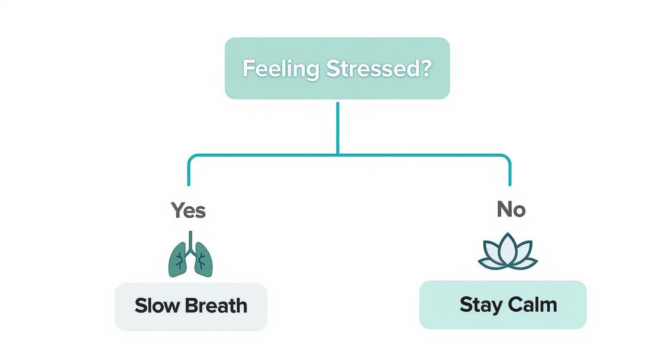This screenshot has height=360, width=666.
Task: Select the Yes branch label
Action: click(189, 210)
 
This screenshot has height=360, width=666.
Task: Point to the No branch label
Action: click(511, 209)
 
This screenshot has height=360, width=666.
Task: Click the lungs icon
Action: click(190, 256)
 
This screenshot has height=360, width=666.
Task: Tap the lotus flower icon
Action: click(508, 252)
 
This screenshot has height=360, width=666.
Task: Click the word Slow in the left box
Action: click(156, 305)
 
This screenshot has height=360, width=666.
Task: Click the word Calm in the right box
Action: click(533, 304)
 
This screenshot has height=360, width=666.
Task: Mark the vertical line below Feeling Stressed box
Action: click(338, 128)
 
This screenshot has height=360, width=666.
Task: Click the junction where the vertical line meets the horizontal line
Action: click(338, 155)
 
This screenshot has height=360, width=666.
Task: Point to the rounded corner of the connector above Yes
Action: click(191, 157)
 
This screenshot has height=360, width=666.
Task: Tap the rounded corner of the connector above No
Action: click(507, 157)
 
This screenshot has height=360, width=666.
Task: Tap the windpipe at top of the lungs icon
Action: click(190, 239)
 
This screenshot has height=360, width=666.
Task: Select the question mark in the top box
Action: click(426, 69)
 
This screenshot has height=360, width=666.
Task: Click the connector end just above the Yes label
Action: click(189, 183)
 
